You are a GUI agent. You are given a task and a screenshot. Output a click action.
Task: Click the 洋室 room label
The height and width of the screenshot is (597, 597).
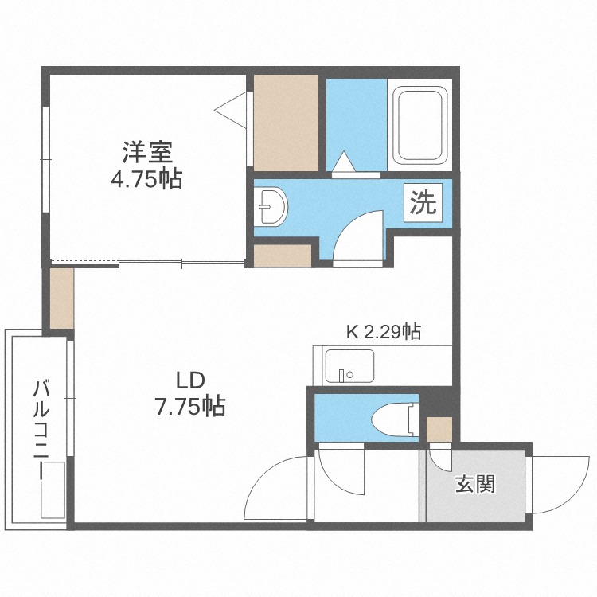click(147, 152)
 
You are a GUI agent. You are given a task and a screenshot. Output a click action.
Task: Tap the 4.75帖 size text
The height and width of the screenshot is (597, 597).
click(146, 178)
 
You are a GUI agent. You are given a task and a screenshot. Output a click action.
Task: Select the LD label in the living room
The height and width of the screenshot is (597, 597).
click(190, 380)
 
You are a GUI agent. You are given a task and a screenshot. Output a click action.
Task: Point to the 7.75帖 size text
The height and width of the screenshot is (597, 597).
click(190, 406)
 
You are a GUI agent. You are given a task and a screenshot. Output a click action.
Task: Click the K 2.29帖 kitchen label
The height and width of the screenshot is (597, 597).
click(384, 332)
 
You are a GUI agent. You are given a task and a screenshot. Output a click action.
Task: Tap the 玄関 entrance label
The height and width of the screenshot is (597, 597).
click(475, 483)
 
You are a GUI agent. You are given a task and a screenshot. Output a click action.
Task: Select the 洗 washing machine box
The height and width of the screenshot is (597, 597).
click(423, 202)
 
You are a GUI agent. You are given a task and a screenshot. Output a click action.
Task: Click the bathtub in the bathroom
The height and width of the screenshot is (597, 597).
click(419, 125)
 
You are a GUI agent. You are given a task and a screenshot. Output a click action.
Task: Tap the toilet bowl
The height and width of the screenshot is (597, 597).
click(394, 421)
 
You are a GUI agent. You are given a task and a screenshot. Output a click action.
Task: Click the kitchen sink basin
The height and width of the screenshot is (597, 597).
click(349, 366)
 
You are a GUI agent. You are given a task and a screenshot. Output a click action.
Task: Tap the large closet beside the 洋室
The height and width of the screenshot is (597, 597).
click(286, 123)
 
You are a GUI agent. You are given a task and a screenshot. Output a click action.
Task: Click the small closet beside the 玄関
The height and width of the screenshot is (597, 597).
click(439, 429)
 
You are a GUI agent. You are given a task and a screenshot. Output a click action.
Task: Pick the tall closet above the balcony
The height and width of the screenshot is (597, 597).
click(61, 298)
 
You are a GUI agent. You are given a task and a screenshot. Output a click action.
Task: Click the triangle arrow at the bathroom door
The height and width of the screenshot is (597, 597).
click(344, 162)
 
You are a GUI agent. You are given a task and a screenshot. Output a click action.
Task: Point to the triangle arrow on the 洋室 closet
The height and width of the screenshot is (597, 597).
click(231, 110)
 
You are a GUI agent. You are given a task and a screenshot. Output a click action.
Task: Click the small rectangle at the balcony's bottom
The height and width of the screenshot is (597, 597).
click(53, 490)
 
